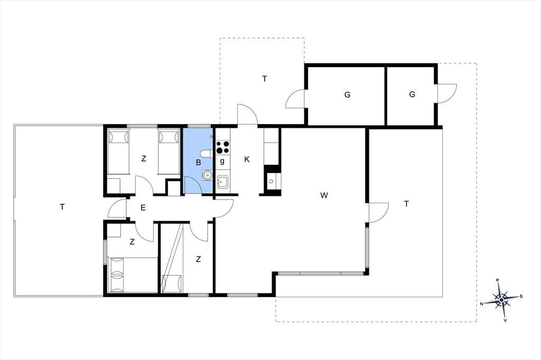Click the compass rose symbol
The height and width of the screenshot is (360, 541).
click(501, 300)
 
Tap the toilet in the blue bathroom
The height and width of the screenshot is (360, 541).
click(207, 154)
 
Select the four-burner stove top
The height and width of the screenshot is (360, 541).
click(222, 147)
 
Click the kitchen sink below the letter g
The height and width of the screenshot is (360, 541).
click(222, 182)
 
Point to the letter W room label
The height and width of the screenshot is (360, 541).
click(324, 195)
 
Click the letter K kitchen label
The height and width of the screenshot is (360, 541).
click(247, 159)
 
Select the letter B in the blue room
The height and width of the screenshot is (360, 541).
click(199, 163)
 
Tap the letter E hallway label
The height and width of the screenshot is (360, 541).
click(143, 207)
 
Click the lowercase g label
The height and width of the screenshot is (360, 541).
click(222, 161)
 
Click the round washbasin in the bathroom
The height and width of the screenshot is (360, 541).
click(207, 175)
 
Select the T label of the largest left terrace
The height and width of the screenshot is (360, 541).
click(62, 207)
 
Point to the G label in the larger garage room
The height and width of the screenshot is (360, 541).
click(347, 94)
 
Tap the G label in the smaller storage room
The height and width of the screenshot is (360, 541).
click(412, 94)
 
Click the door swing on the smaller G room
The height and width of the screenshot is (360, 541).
click(447, 93)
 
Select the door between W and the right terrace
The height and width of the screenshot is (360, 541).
click(379, 213)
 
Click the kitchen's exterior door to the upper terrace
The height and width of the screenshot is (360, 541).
click(247, 114)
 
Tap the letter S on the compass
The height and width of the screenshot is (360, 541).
click(521, 296)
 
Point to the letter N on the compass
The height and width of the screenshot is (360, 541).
click(481, 304)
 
